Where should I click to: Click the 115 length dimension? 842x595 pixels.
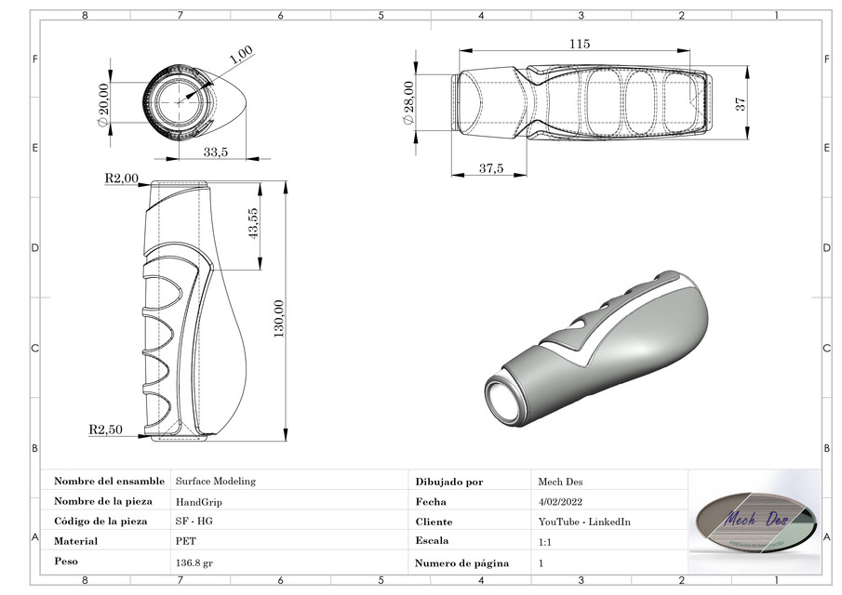click(x=580, y=44)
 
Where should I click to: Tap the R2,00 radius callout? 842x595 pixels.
click(x=121, y=178)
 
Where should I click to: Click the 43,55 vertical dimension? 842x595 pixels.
click(x=253, y=223)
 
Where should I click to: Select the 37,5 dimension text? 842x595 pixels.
click(x=490, y=168)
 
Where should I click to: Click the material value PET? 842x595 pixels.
click(x=184, y=540)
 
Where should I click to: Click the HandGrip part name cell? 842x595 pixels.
click(x=199, y=501)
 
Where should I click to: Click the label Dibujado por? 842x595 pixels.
click(x=449, y=482)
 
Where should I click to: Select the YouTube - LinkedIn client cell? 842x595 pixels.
click(x=584, y=522)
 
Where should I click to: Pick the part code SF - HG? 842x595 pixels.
click(x=194, y=522)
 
